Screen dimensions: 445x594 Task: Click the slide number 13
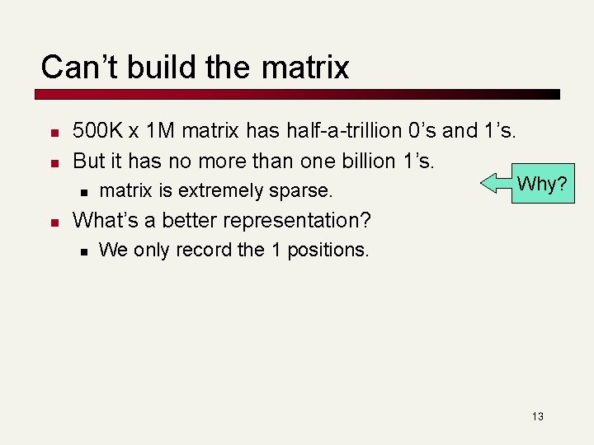537,416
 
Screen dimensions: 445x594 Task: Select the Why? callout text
541,184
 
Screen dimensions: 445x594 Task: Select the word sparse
302,191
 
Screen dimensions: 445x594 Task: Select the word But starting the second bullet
89,159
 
